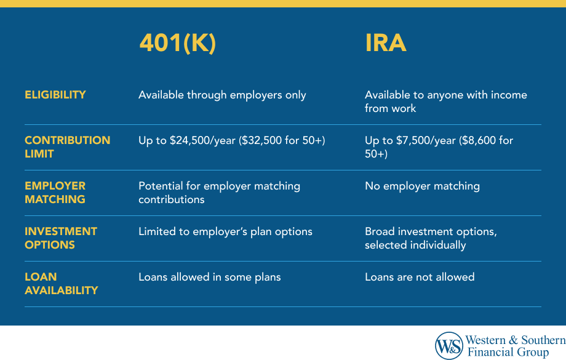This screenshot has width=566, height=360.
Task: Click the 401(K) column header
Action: tap(178, 43)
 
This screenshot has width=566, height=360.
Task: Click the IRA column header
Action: tap(386, 43)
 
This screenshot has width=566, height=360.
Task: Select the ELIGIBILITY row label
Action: tap(55, 95)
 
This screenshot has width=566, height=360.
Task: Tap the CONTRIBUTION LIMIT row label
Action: tap(67, 147)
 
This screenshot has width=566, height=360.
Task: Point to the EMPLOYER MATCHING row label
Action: tap(55, 193)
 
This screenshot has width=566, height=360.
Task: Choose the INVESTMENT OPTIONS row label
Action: tap(61, 238)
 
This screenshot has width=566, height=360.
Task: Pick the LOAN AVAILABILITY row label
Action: tap(61, 284)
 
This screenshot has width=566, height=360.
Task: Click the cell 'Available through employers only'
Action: tap(222, 95)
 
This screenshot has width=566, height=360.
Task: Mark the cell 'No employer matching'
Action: tap(422, 186)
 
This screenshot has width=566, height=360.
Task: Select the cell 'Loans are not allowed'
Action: tap(420, 277)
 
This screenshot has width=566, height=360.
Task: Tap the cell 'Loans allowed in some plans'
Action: tap(209, 277)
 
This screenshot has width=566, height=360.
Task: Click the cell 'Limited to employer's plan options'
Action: tap(225, 231)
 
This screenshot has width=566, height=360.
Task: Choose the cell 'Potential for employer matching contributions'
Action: tap(219, 193)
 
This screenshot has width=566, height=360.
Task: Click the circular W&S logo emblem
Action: tap(448, 346)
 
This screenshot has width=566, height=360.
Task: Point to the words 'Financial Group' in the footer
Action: tap(507, 353)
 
